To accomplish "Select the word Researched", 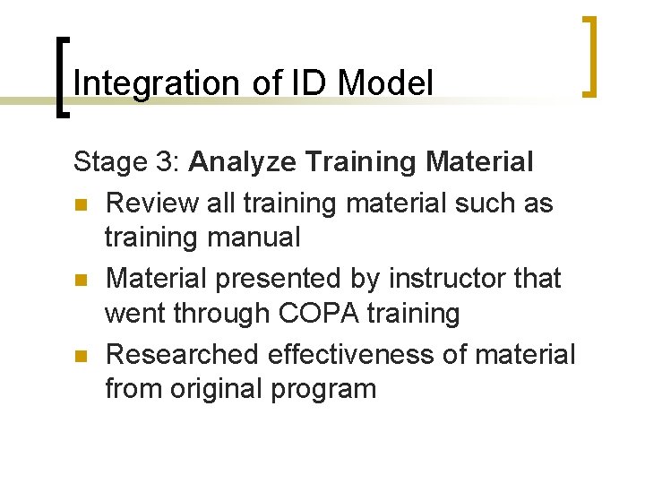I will click(x=183, y=354).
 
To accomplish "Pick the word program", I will click(x=327, y=390).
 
